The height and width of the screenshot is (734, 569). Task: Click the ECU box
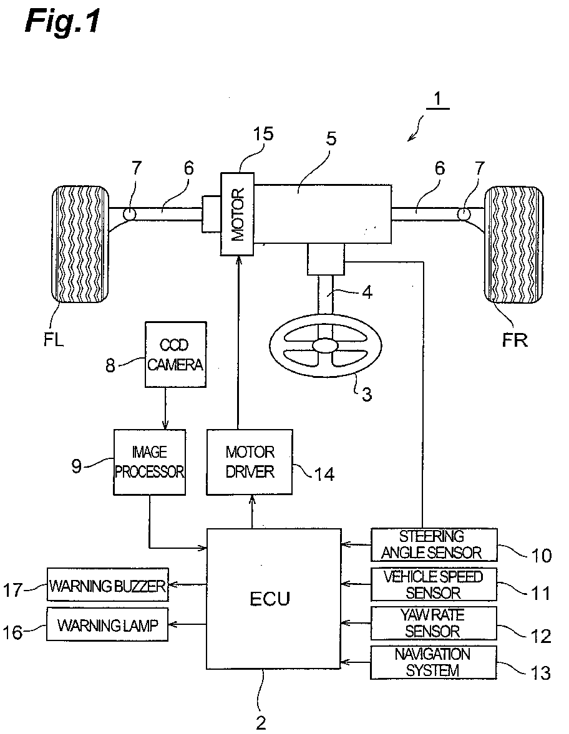(x=273, y=599)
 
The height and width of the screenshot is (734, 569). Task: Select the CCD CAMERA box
(x=175, y=354)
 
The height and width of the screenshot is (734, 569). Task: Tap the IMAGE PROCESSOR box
(x=150, y=462)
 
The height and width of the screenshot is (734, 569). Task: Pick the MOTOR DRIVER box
(x=250, y=462)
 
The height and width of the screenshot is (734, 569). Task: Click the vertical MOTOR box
(x=238, y=214)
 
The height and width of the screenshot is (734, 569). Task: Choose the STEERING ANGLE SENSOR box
(x=434, y=545)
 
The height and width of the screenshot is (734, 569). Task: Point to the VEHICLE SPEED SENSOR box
(x=434, y=584)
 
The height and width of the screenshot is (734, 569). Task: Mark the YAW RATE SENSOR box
(x=434, y=623)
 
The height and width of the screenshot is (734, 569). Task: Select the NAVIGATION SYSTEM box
(x=434, y=662)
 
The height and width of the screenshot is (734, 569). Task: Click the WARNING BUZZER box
(x=108, y=585)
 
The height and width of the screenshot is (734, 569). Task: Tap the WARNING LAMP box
(x=108, y=624)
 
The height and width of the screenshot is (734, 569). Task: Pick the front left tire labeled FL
(x=80, y=244)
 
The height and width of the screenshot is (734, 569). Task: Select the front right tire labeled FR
(x=513, y=245)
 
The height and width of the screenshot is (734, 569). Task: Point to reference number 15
(x=263, y=134)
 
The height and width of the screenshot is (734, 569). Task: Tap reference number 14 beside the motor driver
(x=324, y=474)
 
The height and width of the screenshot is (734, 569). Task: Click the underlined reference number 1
(x=437, y=100)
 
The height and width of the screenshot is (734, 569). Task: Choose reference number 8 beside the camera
(x=110, y=365)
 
